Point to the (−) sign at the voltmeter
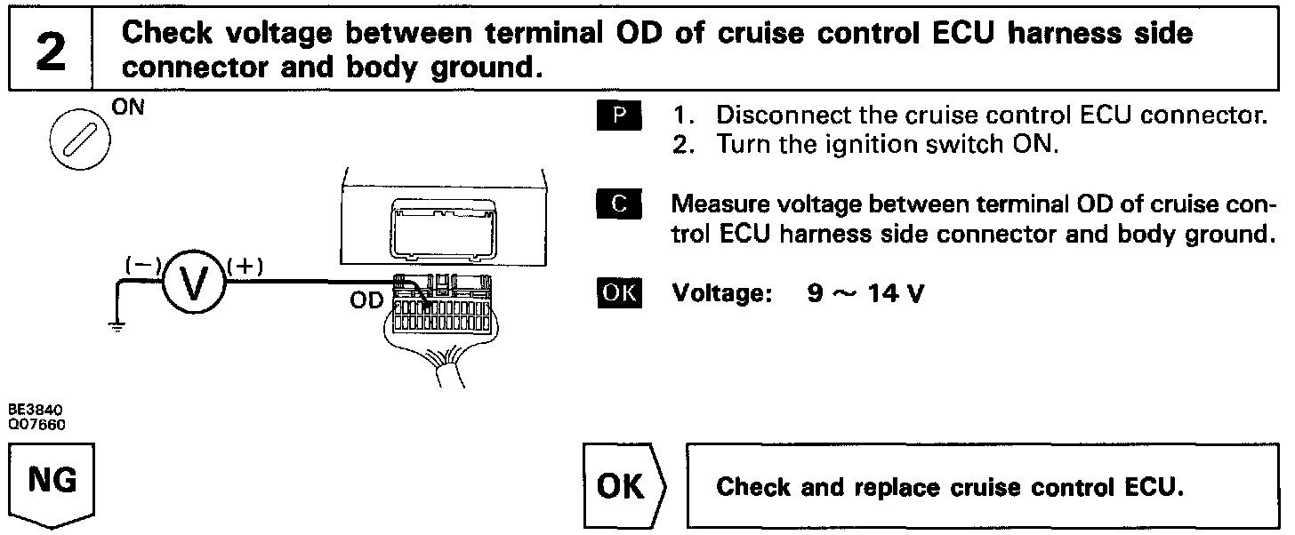[143, 266]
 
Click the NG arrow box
[52, 484]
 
